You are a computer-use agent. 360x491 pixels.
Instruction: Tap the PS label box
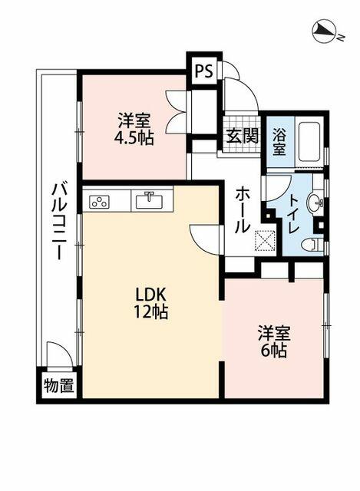pos(203,71)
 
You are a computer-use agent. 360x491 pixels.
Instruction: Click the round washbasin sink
pos(315,203)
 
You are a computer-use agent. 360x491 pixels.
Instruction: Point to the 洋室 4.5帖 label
pos(134,128)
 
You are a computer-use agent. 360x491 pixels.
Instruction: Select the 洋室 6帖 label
pos(272,342)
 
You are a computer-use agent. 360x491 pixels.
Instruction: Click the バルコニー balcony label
pos(58,222)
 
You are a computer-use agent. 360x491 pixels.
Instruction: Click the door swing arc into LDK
pos(203,238)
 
